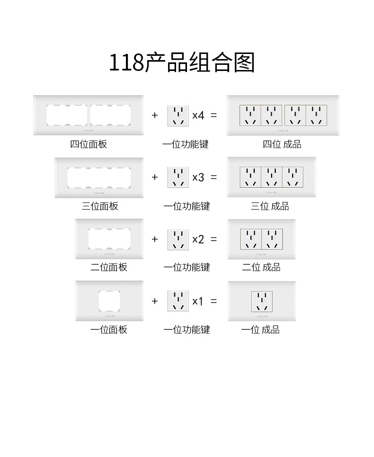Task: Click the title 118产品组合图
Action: click(182, 62)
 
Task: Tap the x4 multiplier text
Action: click(198, 115)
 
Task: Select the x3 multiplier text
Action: click(198, 177)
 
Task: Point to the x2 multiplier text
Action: click(198, 239)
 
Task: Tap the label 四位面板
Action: click(89, 144)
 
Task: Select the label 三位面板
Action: click(100, 206)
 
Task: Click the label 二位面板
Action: click(109, 267)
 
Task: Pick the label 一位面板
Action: click(109, 330)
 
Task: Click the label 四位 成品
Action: click(282, 144)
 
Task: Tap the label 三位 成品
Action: click(270, 206)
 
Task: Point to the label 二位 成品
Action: click(261, 267)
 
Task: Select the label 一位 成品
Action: click(260, 330)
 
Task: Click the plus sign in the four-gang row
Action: click(155, 115)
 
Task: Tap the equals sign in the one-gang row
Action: click(214, 301)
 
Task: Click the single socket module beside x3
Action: click(178, 177)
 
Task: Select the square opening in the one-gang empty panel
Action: click(109, 300)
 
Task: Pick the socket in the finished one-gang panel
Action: click(262, 301)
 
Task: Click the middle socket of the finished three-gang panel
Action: click(271, 177)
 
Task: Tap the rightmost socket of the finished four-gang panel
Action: click(316, 115)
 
